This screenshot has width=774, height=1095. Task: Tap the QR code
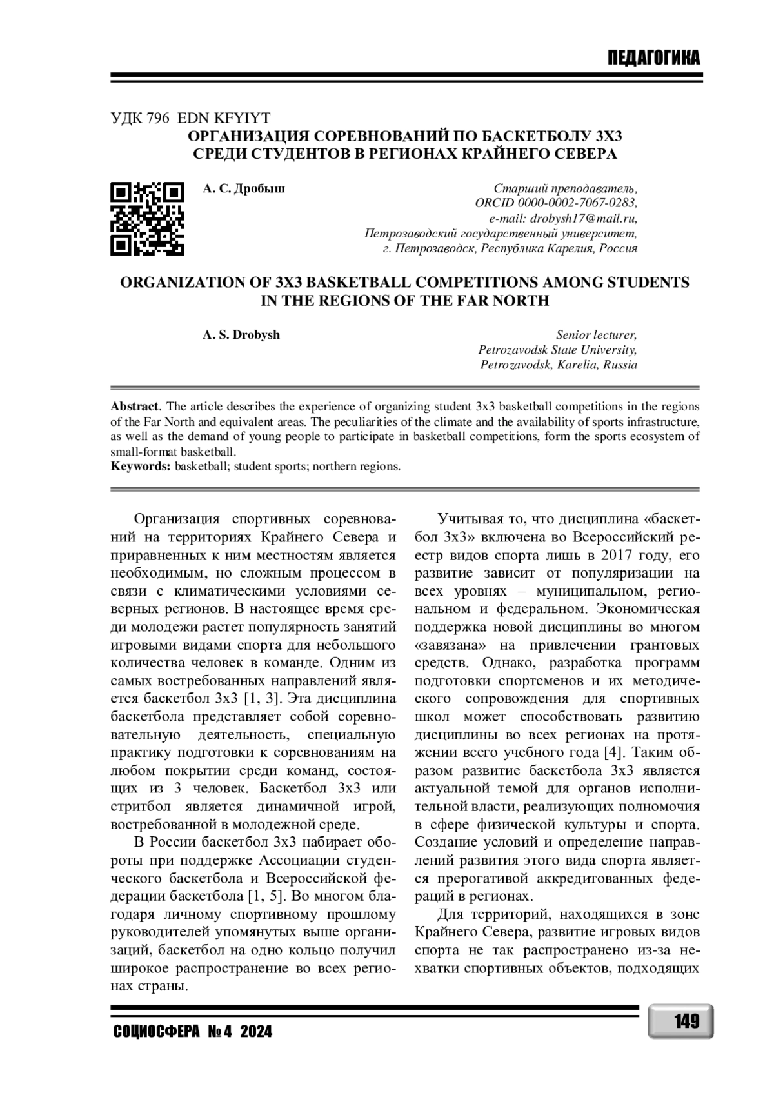point(147,217)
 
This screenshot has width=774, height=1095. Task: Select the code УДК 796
point(140,117)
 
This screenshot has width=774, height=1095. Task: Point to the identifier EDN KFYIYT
point(223,117)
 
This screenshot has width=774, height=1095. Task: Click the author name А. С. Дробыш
point(244,188)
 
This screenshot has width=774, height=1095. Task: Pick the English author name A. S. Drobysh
point(241,335)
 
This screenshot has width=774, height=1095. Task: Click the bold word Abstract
point(134,407)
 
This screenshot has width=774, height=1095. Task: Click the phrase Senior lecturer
point(596,335)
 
